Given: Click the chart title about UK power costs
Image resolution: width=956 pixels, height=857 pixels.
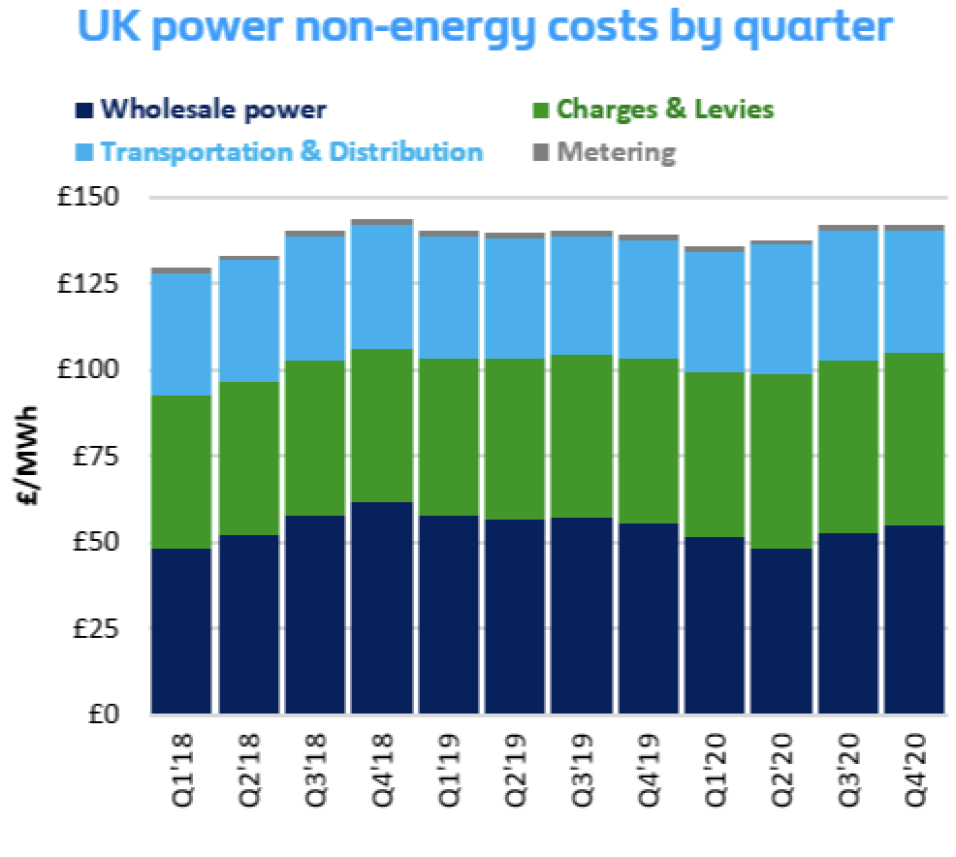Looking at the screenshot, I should (x=484, y=28).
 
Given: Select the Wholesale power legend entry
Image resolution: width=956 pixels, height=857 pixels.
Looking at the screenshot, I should (x=213, y=109).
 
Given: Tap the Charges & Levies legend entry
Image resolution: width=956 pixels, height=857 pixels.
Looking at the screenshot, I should (x=665, y=109).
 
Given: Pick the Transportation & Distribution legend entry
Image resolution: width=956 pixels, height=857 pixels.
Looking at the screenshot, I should (x=291, y=152).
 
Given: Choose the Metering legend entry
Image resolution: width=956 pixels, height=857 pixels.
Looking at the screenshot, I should (x=616, y=152).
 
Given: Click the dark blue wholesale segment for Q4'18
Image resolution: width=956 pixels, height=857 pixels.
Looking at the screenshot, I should (x=381, y=608).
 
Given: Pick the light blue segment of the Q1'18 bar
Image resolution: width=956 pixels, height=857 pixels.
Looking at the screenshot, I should (x=181, y=334).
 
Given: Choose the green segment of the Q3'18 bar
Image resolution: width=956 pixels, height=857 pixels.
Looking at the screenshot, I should (x=314, y=437).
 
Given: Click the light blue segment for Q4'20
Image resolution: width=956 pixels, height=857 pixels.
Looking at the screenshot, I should (x=913, y=292).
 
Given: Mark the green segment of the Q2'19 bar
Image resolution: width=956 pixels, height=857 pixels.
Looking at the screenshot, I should (x=514, y=439).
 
